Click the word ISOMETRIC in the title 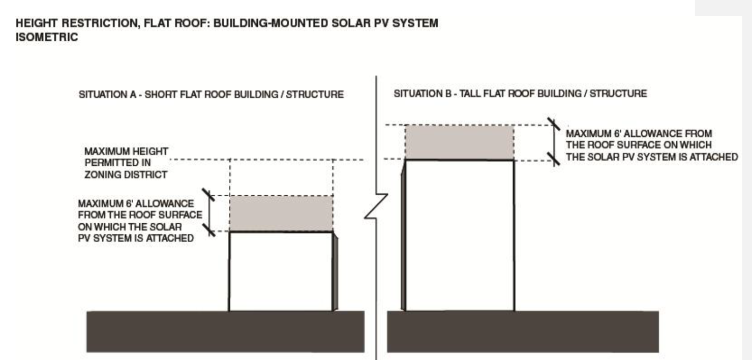click(47, 37)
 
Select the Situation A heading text click(211, 95)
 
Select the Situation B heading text click(520, 94)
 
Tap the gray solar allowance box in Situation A click(282, 214)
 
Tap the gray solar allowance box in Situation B click(459, 142)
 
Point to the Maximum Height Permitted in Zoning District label click(126, 163)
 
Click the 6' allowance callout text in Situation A click(139, 221)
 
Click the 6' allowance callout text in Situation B click(651, 145)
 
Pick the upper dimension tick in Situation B click(553, 124)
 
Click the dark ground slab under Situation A click(225, 331)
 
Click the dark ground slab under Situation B click(523, 331)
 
